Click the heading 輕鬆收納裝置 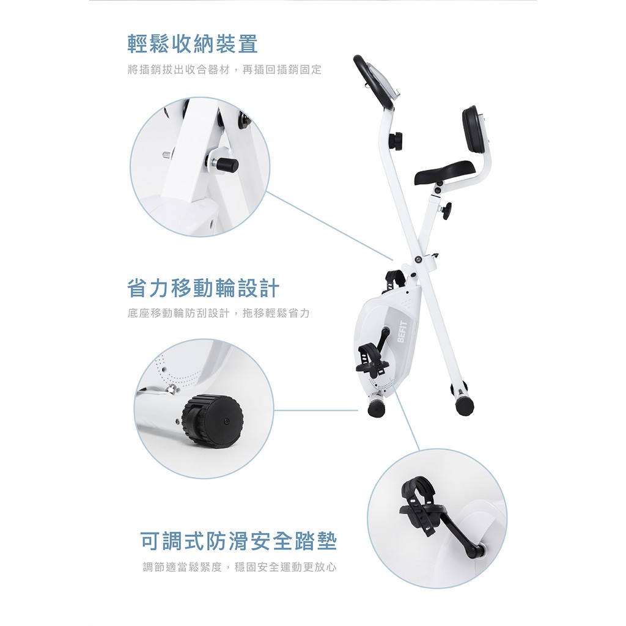(193, 44)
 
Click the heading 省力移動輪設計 (203, 288)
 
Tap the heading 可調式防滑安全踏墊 (239, 541)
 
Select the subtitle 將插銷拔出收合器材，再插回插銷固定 (225, 70)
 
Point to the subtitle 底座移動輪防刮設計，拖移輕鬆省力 (219, 313)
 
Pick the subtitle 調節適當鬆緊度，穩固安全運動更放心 (240, 567)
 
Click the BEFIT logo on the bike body (402, 332)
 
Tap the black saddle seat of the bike (444, 172)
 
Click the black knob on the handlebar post (396, 141)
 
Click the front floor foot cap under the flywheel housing (377, 407)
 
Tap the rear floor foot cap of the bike (465, 405)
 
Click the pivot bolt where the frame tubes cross (418, 259)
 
